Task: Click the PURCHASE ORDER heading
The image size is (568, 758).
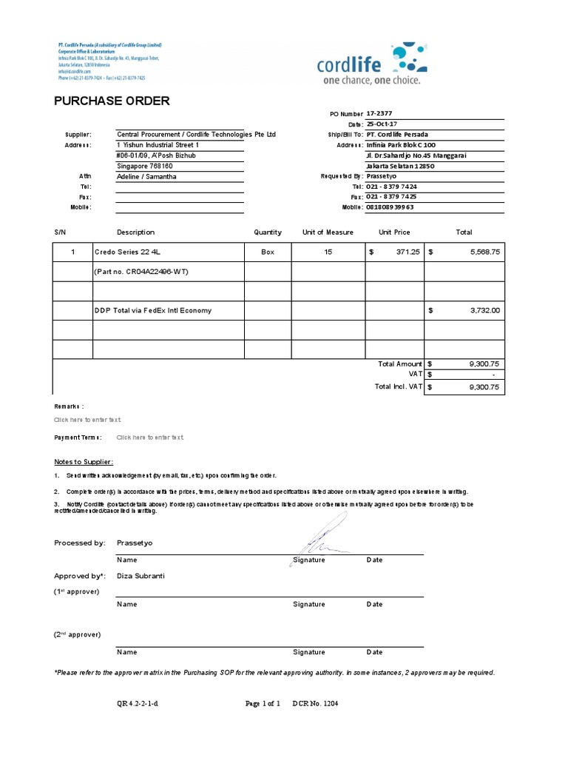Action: coord(112,101)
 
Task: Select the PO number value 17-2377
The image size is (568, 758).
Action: coord(382,113)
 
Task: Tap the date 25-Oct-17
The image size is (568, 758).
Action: coord(384,124)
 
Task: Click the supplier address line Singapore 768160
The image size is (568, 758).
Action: coord(150,167)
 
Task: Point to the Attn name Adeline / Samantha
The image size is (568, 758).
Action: coord(146,177)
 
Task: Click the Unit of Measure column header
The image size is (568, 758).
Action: coord(328,232)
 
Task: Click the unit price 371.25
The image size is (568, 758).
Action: coord(407,252)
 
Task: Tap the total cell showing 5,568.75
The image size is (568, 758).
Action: coord(485,252)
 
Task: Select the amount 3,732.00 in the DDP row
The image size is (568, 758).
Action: coord(485,311)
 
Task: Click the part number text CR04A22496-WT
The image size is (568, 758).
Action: coord(141,272)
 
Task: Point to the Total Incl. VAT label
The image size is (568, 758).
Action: coord(398,386)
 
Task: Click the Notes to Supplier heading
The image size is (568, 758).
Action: coord(84,462)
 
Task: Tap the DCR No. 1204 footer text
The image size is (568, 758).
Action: coord(315,704)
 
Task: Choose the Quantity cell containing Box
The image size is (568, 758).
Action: coord(268,252)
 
